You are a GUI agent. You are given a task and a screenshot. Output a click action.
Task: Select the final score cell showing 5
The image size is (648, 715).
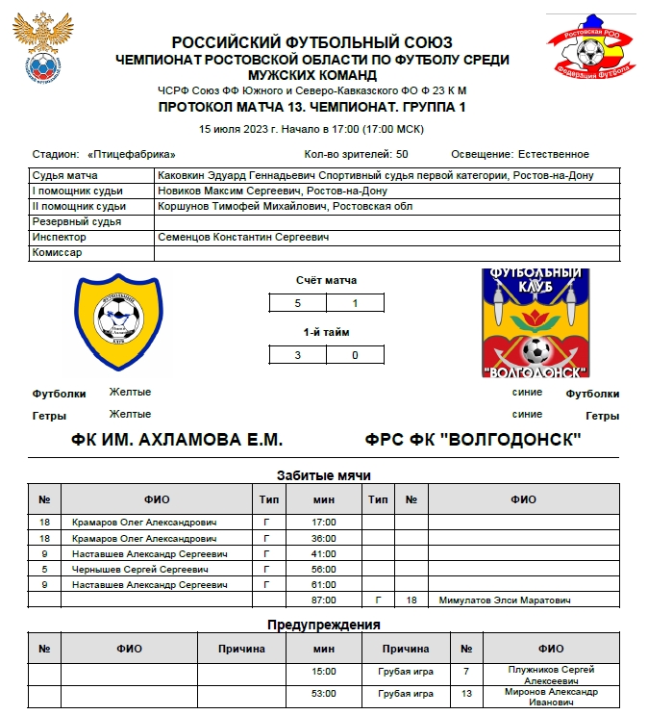[x=297, y=304]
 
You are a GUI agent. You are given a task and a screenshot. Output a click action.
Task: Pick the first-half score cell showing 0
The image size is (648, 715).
[x=356, y=354]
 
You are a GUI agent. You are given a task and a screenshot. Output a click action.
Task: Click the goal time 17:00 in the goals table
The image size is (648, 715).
[x=324, y=522]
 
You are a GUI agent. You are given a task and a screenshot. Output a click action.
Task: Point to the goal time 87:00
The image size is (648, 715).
[x=324, y=600]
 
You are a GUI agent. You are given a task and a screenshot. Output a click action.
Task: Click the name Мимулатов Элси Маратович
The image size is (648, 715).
[x=504, y=600]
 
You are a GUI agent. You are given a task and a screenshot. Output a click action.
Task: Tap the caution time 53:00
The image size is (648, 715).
[x=324, y=693]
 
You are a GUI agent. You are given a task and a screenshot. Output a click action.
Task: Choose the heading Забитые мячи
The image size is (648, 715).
[x=323, y=475]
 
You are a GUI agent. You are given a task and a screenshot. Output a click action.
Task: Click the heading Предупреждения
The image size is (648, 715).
[x=323, y=625]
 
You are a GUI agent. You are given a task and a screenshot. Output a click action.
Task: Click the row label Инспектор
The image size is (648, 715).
[x=59, y=237]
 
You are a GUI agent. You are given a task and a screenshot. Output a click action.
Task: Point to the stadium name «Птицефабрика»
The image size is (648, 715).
[x=131, y=154]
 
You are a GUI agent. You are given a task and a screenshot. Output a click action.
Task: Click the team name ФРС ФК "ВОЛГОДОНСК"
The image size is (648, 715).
[x=473, y=440]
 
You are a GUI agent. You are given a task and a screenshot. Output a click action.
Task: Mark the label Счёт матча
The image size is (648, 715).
[x=326, y=280]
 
